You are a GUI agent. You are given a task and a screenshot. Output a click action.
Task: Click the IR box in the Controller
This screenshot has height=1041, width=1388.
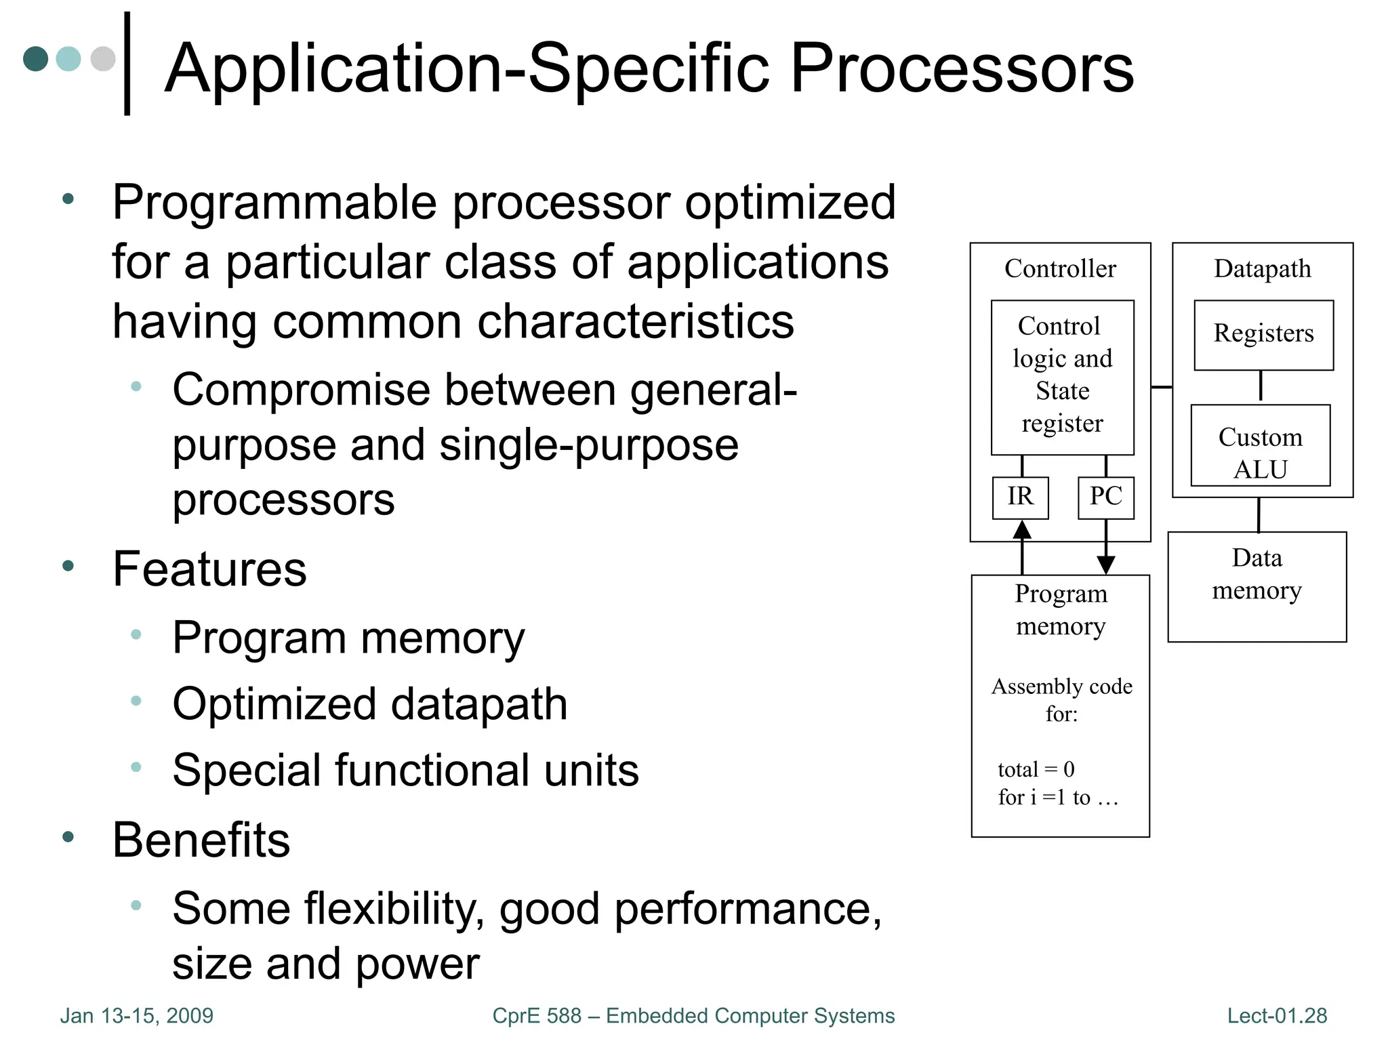point(1020,497)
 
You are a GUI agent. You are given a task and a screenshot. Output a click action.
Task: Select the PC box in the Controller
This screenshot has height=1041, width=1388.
point(1105,497)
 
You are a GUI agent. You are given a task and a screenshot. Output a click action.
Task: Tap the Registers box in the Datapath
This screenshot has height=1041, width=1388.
point(1263,335)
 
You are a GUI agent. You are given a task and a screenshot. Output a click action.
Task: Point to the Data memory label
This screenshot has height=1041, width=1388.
point(1257,574)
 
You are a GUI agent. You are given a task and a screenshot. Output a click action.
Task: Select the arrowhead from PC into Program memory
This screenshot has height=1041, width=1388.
point(1106,565)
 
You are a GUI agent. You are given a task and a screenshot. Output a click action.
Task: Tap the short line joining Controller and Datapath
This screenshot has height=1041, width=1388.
point(1162,387)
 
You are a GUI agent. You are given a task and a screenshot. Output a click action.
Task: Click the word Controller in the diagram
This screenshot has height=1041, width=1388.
point(1060,269)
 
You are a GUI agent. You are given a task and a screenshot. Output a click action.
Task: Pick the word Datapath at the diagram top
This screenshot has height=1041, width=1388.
point(1263,269)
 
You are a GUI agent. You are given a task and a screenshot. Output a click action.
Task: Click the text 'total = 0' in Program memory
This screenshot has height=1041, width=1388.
point(1036,769)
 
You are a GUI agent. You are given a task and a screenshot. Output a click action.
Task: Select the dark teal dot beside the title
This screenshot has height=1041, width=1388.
point(35,58)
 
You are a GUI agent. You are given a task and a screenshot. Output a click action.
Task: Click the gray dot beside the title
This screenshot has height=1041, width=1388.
point(103,58)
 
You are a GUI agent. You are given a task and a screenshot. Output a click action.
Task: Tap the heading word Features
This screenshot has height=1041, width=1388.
point(209,569)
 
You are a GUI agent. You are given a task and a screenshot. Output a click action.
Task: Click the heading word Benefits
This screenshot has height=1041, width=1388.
point(201,840)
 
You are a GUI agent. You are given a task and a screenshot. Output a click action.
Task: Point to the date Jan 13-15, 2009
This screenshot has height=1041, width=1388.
point(137,1015)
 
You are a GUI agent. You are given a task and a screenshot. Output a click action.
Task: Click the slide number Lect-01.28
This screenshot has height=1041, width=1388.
point(1277,1015)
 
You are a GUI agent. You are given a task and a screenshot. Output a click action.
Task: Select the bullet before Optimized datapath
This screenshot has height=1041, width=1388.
point(136,701)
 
